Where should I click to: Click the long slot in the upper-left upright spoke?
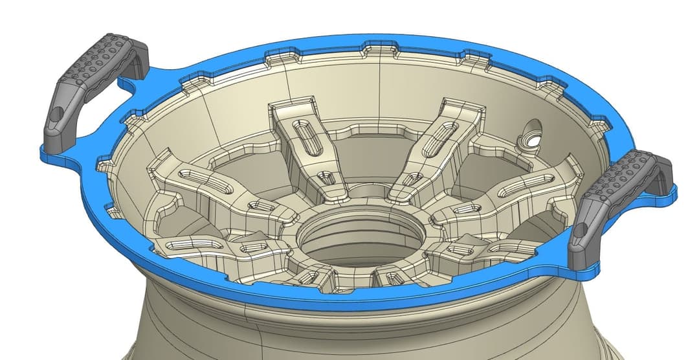pos(307,136)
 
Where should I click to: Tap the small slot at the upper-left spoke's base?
pos(327,176)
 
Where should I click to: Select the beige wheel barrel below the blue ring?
pos(349,330)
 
